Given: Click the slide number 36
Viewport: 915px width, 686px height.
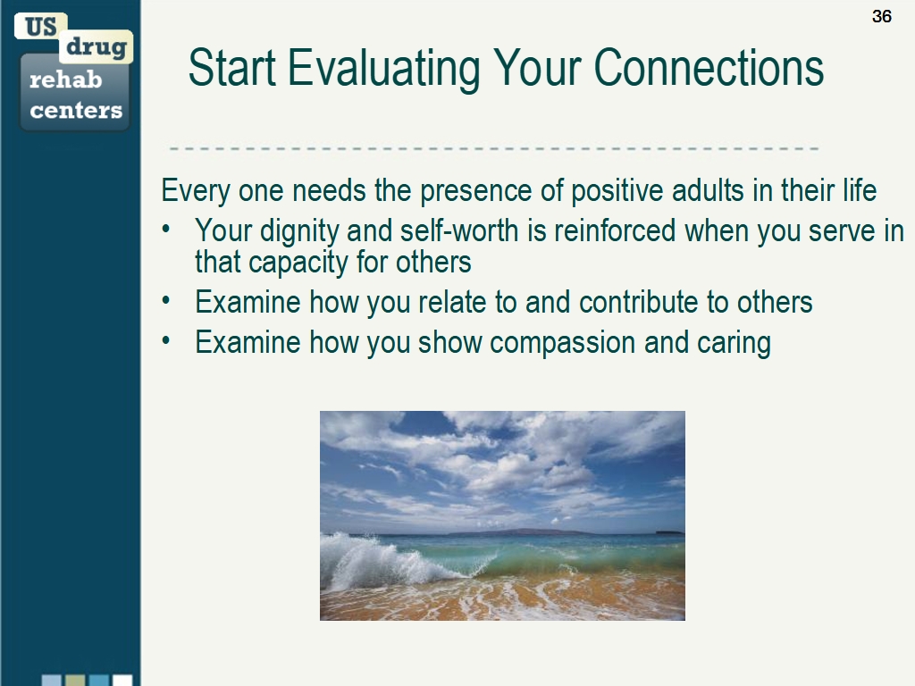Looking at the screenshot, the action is tap(882, 16).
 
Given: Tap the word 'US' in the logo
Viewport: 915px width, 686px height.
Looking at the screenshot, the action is tap(40, 27).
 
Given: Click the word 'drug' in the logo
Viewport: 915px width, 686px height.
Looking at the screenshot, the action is tap(97, 46).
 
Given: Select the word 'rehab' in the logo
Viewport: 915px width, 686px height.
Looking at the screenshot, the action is tap(65, 79).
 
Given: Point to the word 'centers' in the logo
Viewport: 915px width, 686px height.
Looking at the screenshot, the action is tap(76, 110).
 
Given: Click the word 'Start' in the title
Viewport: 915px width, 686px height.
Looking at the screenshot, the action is tap(231, 68).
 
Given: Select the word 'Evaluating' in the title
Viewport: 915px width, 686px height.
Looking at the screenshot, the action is tap(384, 70).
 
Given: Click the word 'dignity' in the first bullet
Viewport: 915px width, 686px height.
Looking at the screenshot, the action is tap(299, 231).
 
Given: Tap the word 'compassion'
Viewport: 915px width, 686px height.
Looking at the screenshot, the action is tap(563, 343).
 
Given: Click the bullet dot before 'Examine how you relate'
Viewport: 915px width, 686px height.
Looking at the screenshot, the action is tap(166, 300).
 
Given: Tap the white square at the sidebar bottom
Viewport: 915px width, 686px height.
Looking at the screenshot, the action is tap(122, 681).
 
